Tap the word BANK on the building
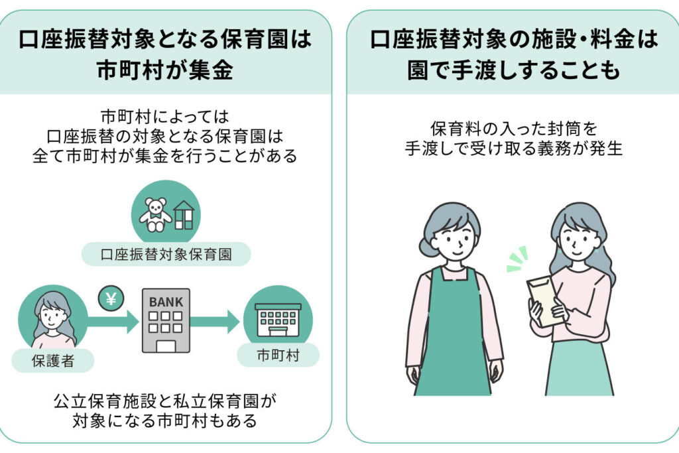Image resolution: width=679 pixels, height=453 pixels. pos(166,302)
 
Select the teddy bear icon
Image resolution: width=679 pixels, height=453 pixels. pos(155,214)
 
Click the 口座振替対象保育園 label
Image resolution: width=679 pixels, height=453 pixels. pos(166,255)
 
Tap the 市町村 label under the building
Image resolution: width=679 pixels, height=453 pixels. pos(278,356)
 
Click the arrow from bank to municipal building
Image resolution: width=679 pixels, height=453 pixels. pos(215,322)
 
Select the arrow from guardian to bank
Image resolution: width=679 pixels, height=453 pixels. pos(112,322)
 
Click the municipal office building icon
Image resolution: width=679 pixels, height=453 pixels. pos(278,320)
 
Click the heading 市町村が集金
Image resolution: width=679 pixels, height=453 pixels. pos(165,70)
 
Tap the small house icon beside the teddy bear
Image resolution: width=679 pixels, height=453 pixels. pos(184,214)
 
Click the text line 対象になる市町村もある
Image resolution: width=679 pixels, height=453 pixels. pos(165,421)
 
